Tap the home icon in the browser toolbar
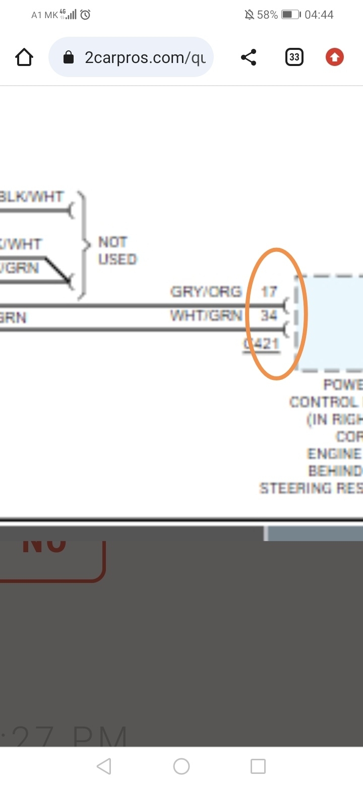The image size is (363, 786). (x=24, y=57)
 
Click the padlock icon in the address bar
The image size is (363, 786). (x=69, y=58)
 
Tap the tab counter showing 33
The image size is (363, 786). (x=294, y=57)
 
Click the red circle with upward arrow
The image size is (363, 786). (x=334, y=57)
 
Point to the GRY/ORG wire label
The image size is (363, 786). (x=206, y=292)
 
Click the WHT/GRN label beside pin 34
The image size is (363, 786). (x=206, y=316)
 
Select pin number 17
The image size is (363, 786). (x=269, y=292)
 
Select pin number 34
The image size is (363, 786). (x=269, y=316)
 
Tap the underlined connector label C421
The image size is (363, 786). (x=261, y=344)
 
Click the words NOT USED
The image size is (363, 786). (x=117, y=250)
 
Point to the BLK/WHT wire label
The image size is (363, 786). (x=31, y=196)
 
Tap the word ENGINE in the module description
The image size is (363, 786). (x=334, y=454)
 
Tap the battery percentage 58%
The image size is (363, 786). (x=267, y=15)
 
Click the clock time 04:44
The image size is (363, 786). (x=319, y=15)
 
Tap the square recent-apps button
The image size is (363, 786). (x=258, y=766)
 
